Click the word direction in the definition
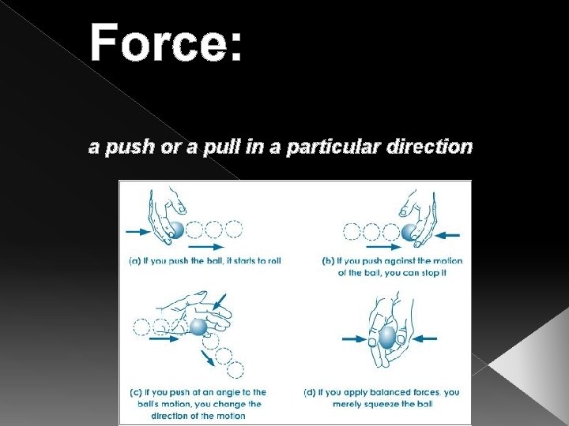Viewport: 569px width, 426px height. click(431, 147)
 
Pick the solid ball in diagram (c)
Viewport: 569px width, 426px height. click(198, 326)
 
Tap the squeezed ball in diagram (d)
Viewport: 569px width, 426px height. click(386, 338)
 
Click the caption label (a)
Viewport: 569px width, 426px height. click(136, 261)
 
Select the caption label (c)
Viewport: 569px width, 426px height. click(136, 392)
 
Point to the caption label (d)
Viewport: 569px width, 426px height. click(311, 392)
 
